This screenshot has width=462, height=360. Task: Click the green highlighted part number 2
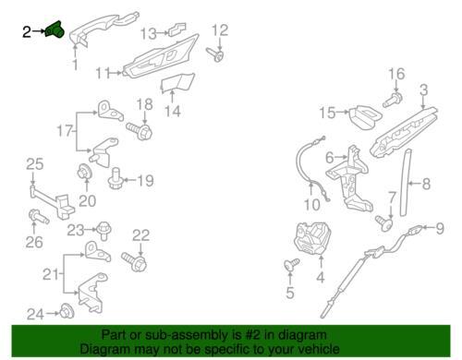pyautogui.click(x=55, y=30)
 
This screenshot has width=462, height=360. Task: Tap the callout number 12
pyautogui.click(x=220, y=30)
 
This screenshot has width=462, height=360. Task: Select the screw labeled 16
pyautogui.click(x=393, y=100)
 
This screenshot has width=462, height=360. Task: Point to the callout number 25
pyautogui.click(x=33, y=164)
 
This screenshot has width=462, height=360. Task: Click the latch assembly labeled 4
pyautogui.click(x=313, y=239)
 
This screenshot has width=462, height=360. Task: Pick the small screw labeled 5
pyautogui.click(x=291, y=264)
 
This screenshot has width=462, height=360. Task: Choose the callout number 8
pyautogui.click(x=426, y=184)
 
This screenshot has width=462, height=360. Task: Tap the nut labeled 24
pyautogui.click(x=67, y=311)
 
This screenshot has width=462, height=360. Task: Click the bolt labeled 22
pyautogui.click(x=134, y=261)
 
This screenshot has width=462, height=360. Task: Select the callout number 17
pyautogui.click(x=65, y=131)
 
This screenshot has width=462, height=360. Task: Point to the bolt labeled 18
pyautogui.click(x=140, y=131)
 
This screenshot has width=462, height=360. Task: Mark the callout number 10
pyautogui.click(x=311, y=205)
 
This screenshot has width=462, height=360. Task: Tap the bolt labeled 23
pyautogui.click(x=103, y=231)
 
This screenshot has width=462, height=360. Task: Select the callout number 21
pyautogui.click(x=50, y=274)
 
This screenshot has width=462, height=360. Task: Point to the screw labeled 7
pyautogui.click(x=384, y=223)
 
